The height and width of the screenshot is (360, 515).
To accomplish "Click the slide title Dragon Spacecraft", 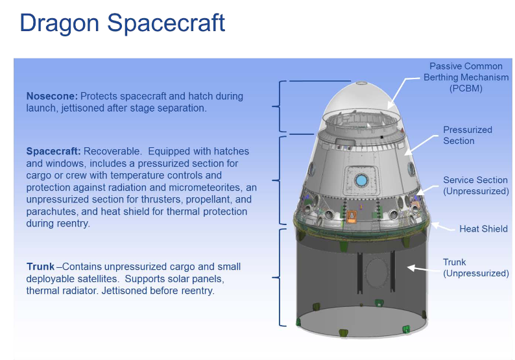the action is coord(122,23).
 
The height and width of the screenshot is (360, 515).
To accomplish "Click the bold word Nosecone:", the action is coord(52,96).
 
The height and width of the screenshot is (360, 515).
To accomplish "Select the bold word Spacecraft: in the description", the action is coord(53,151).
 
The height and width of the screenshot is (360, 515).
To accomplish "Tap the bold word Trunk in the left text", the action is coord(40,267).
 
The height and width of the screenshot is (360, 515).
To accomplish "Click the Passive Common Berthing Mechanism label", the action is coord(466,77).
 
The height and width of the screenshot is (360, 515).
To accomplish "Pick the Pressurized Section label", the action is coord(468,136).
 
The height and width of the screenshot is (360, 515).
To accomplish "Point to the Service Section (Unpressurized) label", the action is coord(476,186).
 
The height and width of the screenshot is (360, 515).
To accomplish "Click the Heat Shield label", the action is coord(483,228).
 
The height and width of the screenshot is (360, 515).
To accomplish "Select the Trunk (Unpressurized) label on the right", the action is coord(476,268).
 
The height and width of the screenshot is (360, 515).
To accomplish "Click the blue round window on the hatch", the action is coord(361,180).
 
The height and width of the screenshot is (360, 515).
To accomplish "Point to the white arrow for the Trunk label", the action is coord(424,269).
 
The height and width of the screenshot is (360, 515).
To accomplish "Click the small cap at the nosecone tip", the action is coord(361,82).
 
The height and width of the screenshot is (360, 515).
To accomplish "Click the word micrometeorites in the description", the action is coord(204,187).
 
